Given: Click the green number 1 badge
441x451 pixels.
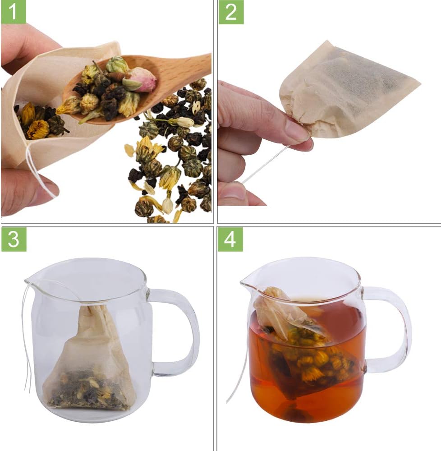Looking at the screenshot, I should click(x=14, y=12).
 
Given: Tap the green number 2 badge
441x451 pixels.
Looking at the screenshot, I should click(x=230, y=12).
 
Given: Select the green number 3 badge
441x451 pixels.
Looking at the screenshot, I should click(x=14, y=239).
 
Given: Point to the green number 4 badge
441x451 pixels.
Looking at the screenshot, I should click(x=230, y=239).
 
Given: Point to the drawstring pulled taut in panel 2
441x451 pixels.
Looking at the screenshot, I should click(x=266, y=165).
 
